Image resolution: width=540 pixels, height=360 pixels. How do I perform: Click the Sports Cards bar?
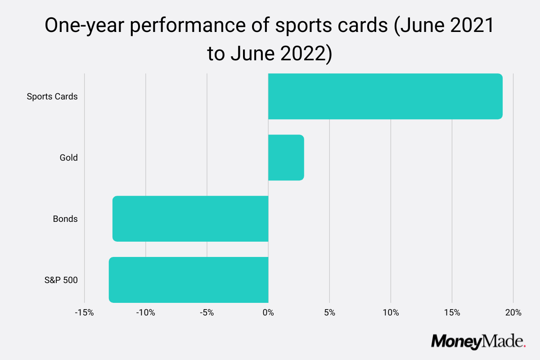[x=385, y=96]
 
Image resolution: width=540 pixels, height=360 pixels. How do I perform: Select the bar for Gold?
[x=286, y=157]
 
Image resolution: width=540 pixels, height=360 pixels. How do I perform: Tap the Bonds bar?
[x=190, y=219]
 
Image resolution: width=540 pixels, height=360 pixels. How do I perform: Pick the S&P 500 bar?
[x=189, y=280]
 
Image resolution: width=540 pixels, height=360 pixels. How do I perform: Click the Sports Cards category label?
[x=52, y=96]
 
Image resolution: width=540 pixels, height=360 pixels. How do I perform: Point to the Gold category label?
[x=68, y=157]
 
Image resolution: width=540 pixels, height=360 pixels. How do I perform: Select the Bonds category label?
[x=65, y=219]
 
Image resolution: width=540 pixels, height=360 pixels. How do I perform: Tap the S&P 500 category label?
[x=61, y=280]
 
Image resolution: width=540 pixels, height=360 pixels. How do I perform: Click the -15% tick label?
[x=84, y=312]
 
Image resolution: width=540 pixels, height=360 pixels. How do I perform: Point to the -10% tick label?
[x=145, y=312]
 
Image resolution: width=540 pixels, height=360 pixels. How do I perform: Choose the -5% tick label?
[x=207, y=312]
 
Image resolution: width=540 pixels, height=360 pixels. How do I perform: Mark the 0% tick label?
[x=268, y=312]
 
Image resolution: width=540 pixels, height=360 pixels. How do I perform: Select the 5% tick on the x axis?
[x=329, y=312]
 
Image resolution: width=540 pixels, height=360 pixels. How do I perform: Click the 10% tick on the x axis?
[x=391, y=312]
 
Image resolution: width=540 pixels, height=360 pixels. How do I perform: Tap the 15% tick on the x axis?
[x=452, y=312]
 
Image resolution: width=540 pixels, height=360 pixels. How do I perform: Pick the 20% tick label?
[x=513, y=312]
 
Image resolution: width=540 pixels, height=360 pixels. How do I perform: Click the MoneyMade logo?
[x=478, y=341]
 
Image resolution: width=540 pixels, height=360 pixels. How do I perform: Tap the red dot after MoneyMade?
[x=524, y=346]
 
